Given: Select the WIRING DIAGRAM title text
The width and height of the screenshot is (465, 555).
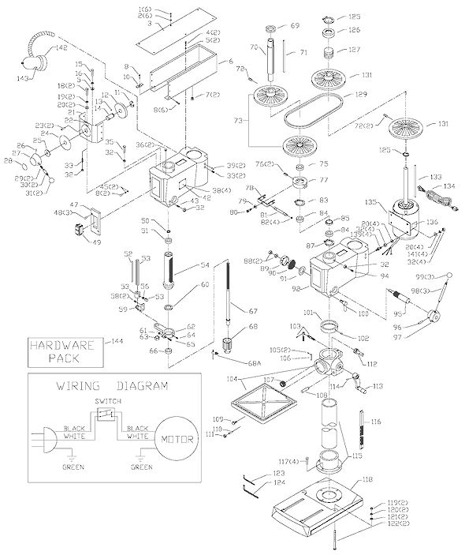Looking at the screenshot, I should (x=111, y=386).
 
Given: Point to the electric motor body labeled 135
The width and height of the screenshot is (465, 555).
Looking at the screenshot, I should (x=403, y=219).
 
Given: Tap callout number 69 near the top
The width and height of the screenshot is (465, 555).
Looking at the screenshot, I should (x=295, y=26).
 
